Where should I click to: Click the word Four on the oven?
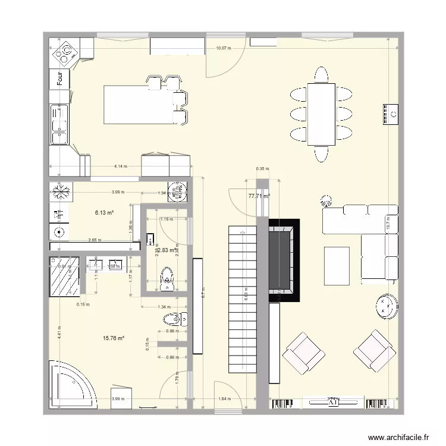click(59, 78)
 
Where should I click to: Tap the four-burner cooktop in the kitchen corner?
click(65, 54)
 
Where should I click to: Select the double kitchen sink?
click(59, 125)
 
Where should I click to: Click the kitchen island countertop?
click(134, 105)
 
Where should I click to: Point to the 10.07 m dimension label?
click(224, 48)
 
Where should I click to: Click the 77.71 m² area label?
click(259, 195)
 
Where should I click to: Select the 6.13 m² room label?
click(105, 212)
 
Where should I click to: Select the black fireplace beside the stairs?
click(284, 260)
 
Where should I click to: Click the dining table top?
click(321, 114)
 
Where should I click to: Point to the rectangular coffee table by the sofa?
click(337, 266)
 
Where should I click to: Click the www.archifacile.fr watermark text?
click(398, 437)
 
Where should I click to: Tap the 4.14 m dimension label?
click(121, 167)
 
